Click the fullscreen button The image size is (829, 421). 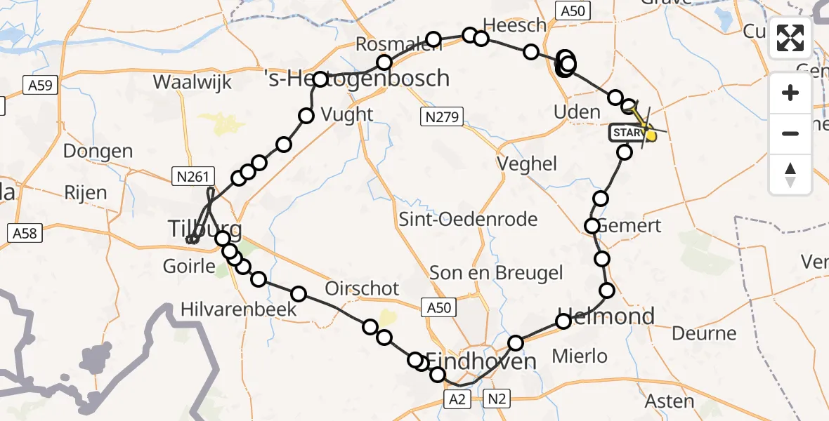click(790, 38)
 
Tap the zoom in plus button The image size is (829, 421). click(790, 93)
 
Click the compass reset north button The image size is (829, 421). click(790, 175)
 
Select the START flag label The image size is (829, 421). click(625, 132)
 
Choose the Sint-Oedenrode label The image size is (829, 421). click(468, 220)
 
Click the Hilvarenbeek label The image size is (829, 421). click(238, 309)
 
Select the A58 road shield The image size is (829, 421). click(25, 233)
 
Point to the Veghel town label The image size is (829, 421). click(527, 164)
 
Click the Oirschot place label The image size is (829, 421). click(362, 288)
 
